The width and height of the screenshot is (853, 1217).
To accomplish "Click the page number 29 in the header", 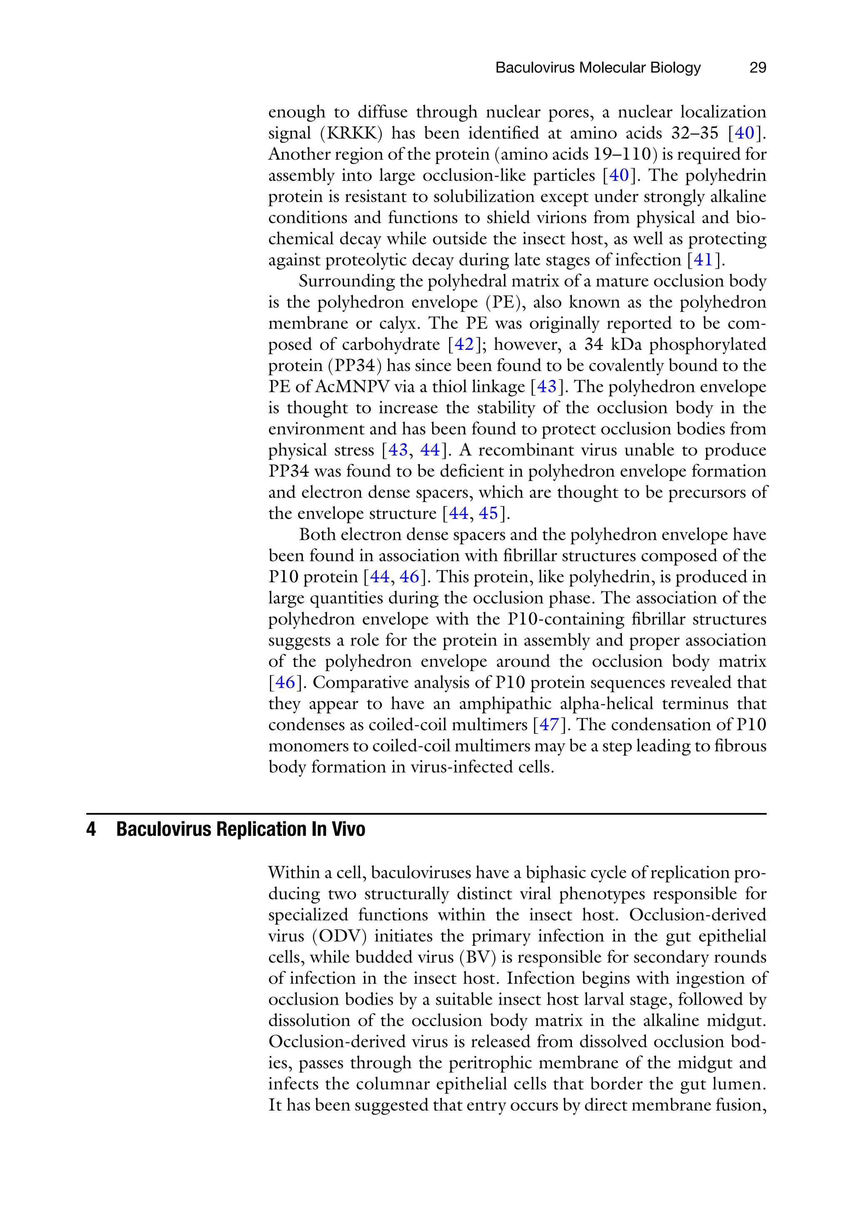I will [x=758, y=68].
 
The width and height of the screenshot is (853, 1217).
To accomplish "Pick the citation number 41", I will [x=703, y=260].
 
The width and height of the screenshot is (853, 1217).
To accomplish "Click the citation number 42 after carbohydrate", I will [x=464, y=344].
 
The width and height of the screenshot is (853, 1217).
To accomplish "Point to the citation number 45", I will [x=488, y=514].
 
